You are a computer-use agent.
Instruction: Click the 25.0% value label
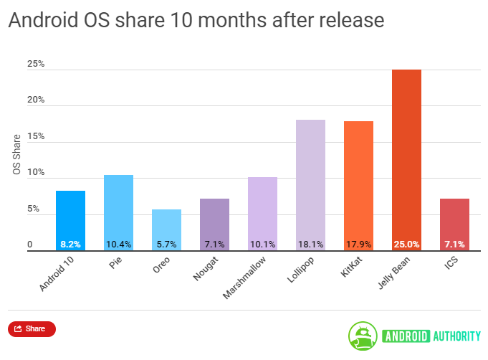click(x=406, y=245)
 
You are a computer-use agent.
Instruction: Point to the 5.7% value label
click(x=166, y=245)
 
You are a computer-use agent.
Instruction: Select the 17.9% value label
click(x=358, y=245)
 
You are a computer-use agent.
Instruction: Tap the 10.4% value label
click(x=118, y=245)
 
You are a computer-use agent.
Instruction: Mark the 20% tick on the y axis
click(x=36, y=100)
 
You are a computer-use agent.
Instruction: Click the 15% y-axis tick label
click(x=36, y=136)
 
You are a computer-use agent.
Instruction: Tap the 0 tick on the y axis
click(x=31, y=245)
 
